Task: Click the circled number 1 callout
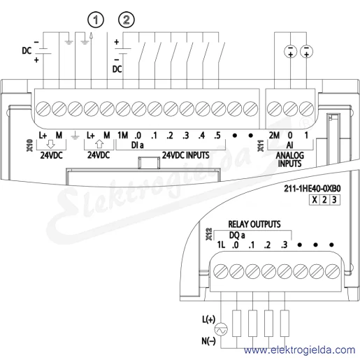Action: [96, 20]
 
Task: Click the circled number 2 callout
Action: [127, 20]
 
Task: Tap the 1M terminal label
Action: [122, 135]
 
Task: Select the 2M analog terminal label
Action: [274, 135]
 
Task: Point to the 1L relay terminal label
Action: [221, 245]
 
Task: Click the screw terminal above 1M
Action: [123, 109]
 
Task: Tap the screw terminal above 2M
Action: [275, 109]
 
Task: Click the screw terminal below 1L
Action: [221, 271]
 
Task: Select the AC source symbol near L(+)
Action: [221, 330]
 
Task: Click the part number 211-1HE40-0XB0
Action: [312, 189]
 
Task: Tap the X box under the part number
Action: [315, 200]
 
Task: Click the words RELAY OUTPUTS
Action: [254, 224]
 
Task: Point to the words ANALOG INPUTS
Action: [289, 159]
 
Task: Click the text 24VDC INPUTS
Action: [186, 155]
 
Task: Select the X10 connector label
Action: [30, 145]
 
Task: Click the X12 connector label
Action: [209, 234]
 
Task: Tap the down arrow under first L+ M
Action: [50, 144]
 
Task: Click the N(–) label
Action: [208, 341]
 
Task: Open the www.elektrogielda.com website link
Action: [299, 350]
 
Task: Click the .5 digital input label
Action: [217, 136]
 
